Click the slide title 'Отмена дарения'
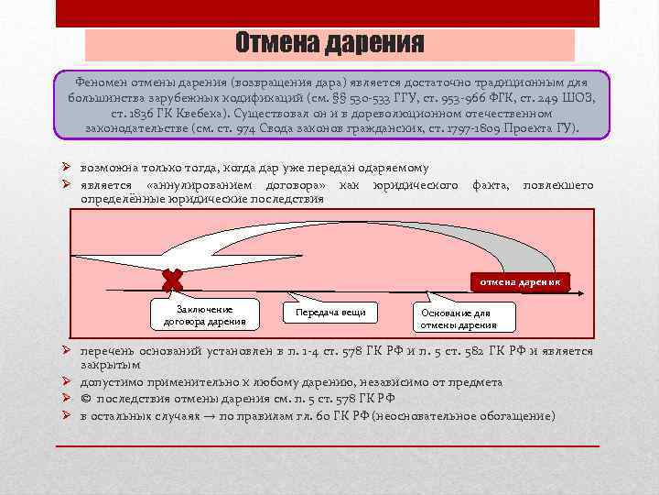329,44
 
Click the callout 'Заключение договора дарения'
205,315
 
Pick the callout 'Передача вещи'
330,313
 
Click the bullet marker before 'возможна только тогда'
67,170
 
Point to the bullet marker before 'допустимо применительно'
67,382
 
